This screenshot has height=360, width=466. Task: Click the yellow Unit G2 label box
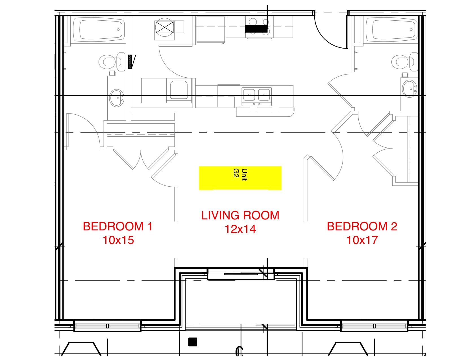click(x=240, y=178)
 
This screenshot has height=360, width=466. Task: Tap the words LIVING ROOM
click(x=240, y=215)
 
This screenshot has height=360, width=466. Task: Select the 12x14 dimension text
click(x=240, y=229)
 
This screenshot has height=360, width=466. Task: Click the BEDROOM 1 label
click(x=117, y=226)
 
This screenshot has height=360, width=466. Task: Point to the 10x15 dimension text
click(x=118, y=240)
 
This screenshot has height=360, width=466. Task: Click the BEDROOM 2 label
click(x=362, y=226)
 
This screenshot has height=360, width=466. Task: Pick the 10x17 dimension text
click(x=362, y=240)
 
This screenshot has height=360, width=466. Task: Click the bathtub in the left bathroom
click(x=99, y=29)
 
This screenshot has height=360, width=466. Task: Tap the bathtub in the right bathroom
click(x=391, y=29)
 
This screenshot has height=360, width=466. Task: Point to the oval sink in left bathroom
click(x=117, y=98)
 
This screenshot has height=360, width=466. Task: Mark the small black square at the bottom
click(x=193, y=342)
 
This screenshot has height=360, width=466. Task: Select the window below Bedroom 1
click(x=107, y=326)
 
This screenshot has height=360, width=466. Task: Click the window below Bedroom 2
click(x=374, y=326)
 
